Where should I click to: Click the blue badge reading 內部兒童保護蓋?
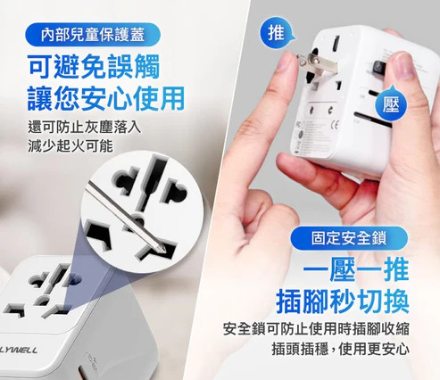[x=93, y=35]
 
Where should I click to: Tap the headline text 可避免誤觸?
[x=94, y=67]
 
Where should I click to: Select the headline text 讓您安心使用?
[x=106, y=98]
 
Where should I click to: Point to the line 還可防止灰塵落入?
[x=84, y=128]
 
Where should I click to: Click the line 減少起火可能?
[x=71, y=145]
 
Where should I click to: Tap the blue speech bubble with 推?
[x=277, y=32]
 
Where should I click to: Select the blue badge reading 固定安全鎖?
[x=349, y=238]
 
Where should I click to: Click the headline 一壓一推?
[x=356, y=270]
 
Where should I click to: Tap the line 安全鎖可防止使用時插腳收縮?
[x=316, y=328]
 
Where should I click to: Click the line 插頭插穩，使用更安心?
[x=340, y=349]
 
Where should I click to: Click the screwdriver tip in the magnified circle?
[x=160, y=249]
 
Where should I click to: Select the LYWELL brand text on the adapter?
[x=19, y=350]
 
